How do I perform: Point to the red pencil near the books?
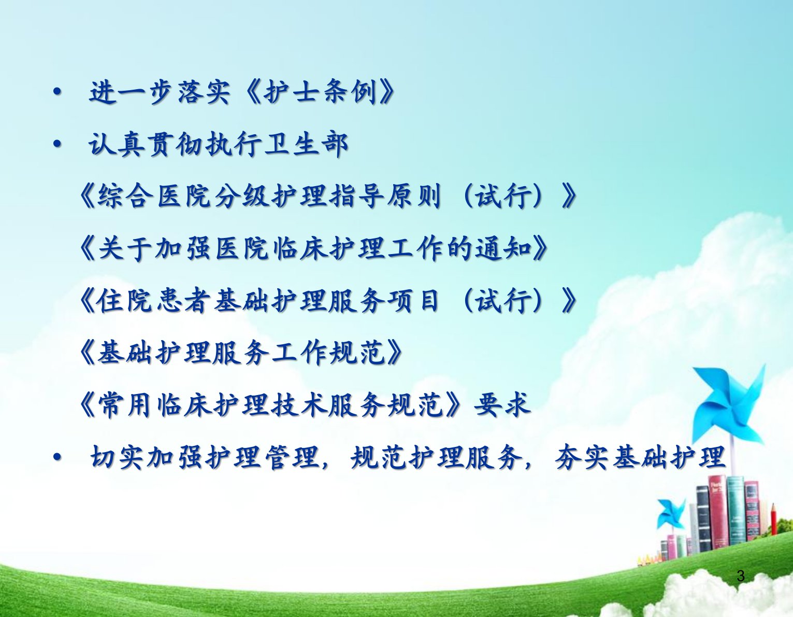[773, 526]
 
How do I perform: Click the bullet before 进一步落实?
[56, 92]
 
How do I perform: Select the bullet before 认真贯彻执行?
[56, 145]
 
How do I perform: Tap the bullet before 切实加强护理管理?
[56, 458]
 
